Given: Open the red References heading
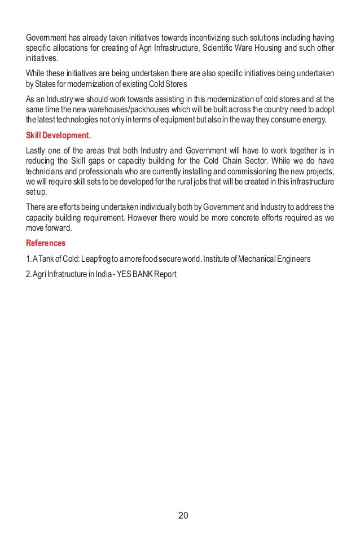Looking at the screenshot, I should click(x=46, y=244).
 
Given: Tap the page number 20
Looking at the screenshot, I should click(x=182, y=516).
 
